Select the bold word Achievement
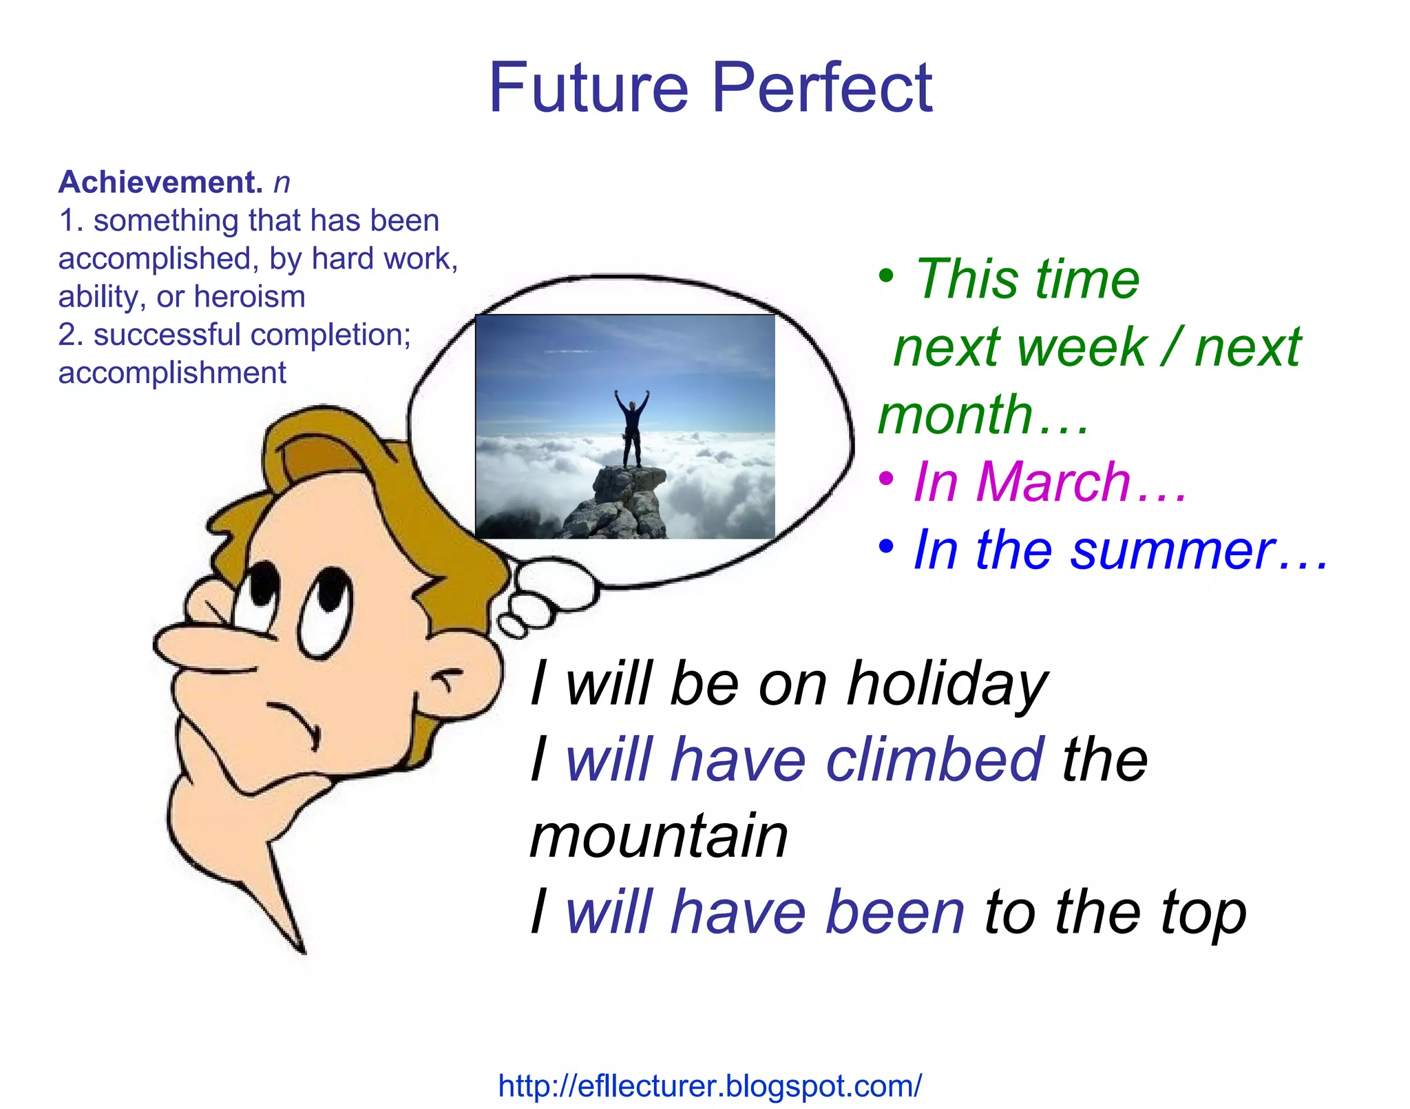[160, 183]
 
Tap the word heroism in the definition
[249, 297]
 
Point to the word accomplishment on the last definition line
[172, 373]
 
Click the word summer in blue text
[1173, 550]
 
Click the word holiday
[947, 684]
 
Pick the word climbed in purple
[934, 760]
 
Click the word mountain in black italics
[659, 836]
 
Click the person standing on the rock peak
[631, 427]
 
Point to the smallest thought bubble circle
[510, 627]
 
